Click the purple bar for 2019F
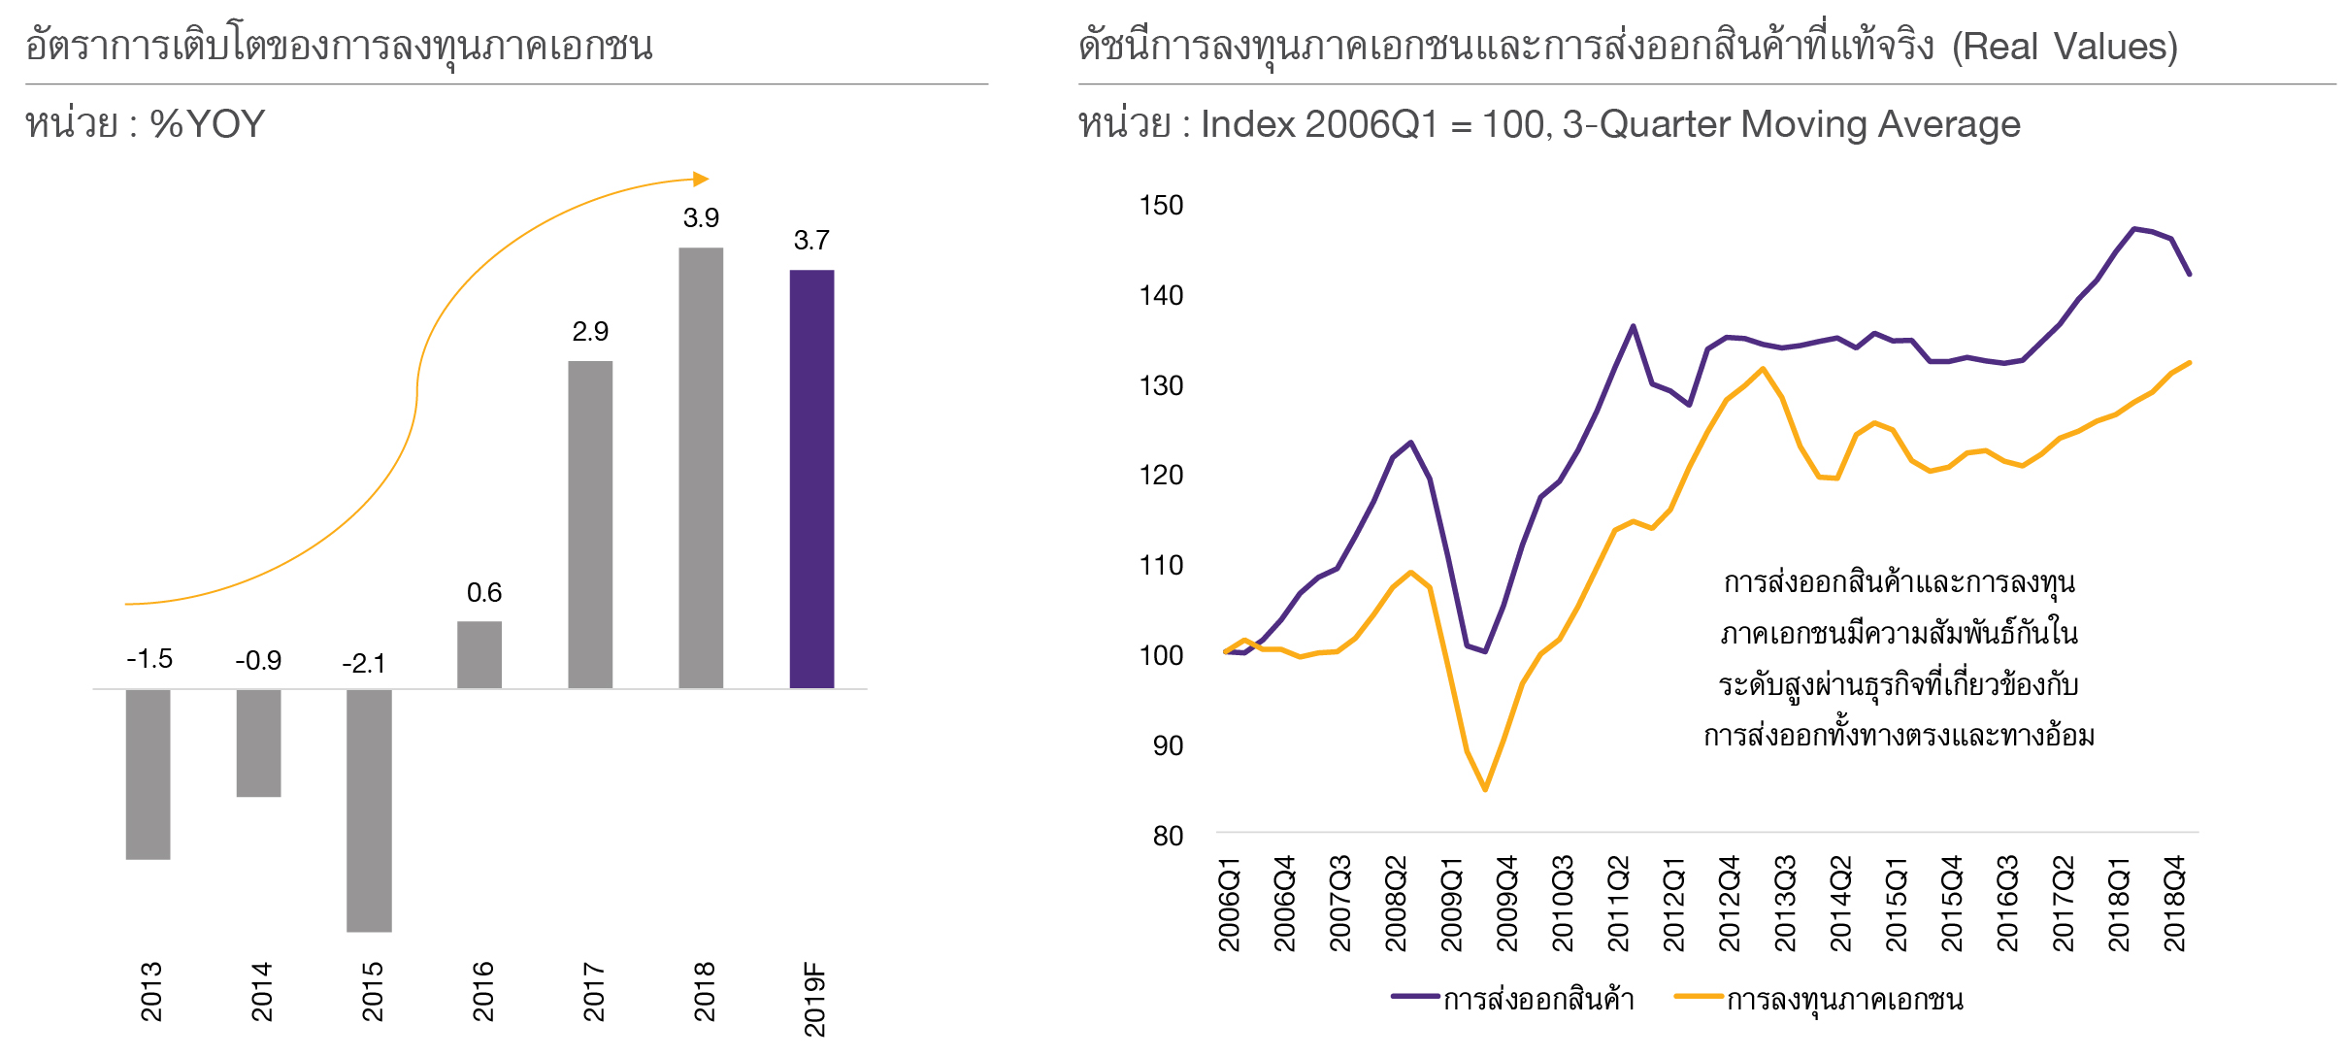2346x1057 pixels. click(x=811, y=479)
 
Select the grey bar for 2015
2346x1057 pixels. click(x=369, y=809)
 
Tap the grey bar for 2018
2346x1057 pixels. click(x=701, y=468)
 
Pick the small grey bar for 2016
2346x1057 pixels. click(x=479, y=654)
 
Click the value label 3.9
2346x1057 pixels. click(x=701, y=217)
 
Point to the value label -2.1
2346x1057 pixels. click(x=364, y=664)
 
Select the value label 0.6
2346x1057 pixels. click(x=484, y=592)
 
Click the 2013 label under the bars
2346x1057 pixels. click(x=151, y=991)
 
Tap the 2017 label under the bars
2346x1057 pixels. click(x=594, y=991)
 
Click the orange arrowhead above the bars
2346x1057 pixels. click(x=702, y=179)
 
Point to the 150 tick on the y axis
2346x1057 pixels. click(x=1161, y=205)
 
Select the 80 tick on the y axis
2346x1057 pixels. click(x=1168, y=836)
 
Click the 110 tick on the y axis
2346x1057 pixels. click(x=1161, y=565)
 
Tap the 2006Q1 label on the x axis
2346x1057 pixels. click(x=1229, y=904)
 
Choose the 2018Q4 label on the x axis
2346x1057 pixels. click(x=2175, y=904)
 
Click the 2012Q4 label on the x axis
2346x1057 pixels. click(x=1730, y=904)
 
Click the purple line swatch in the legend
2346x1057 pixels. click(x=1414, y=997)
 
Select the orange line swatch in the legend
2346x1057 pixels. click(x=1698, y=997)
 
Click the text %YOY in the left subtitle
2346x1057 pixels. click(x=207, y=124)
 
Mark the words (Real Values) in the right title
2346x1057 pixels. click(x=2065, y=47)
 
